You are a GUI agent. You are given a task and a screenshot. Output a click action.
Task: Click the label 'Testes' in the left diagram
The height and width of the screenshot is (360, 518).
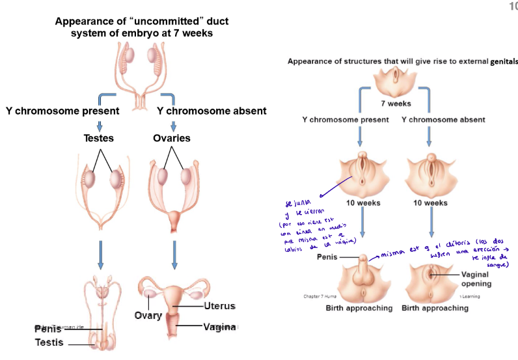pos(98,138)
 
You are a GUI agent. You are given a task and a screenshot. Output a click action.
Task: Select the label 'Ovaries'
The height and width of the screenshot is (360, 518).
pos(172,138)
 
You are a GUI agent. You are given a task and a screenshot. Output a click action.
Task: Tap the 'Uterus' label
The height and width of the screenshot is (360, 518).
pos(219,306)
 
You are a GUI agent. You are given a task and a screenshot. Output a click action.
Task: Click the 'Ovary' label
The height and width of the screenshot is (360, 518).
pos(148,316)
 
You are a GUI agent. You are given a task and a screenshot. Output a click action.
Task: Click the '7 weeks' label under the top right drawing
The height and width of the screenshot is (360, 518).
pos(396,104)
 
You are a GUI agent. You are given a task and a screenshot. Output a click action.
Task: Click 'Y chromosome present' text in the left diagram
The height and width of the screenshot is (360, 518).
pos(62,111)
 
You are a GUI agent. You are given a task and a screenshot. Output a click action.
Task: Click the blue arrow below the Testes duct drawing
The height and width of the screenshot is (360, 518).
pos(100,255)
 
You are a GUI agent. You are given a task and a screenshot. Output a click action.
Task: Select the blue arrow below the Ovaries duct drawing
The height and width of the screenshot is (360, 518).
pos(174,255)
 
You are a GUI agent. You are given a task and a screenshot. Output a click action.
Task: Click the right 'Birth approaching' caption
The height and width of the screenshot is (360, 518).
pos(435,308)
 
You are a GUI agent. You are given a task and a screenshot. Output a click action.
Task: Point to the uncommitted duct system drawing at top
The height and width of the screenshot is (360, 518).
pos(141,72)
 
